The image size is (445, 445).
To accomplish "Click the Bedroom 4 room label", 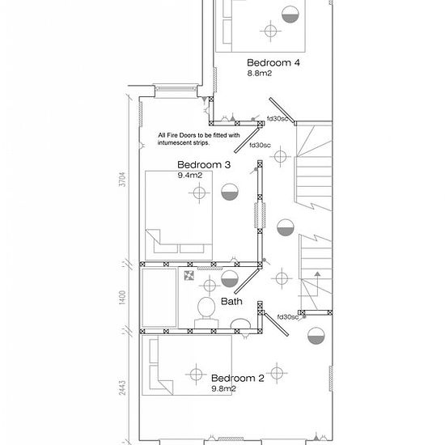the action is pos(273,62).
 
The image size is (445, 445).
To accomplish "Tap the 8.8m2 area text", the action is pos(260,73).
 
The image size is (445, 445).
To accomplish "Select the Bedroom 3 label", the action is pos(204,164).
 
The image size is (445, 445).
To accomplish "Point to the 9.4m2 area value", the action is pos(190,175).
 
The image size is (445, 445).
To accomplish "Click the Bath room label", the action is pos(231,301).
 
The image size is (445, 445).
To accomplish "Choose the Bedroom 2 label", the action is pos(238,378).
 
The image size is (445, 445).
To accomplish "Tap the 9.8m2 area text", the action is pos(223,388).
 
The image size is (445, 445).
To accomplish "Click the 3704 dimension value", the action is pos(122,179).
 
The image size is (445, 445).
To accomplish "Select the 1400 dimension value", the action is pos(122,298).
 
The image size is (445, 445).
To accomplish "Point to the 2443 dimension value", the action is pos(122,388).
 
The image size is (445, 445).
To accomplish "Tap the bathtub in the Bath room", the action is pos(159,298).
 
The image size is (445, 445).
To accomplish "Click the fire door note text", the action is pos(199,139).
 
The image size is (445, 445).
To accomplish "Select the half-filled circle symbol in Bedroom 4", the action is pos(290,15).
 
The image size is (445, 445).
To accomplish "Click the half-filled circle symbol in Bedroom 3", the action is pos(230,192).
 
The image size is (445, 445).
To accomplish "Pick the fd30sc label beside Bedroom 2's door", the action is pos(288,316).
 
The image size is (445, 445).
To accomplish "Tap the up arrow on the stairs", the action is pos(318,273).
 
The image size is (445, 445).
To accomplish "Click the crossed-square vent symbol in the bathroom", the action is pos(189,275).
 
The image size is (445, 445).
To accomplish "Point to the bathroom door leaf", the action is pos(247,282).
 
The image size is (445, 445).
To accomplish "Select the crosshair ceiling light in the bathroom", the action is pos(210,286).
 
